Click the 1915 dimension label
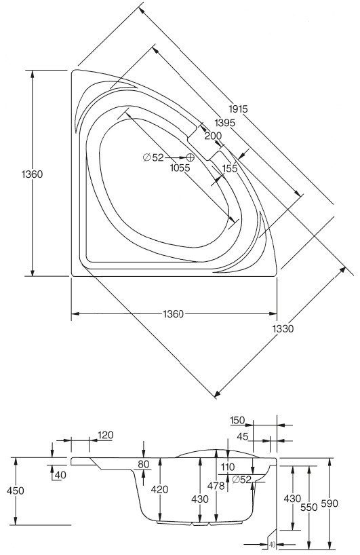click(x=238, y=109)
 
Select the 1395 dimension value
click(x=225, y=123)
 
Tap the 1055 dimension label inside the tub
click(x=180, y=168)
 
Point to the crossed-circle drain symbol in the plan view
click(x=191, y=157)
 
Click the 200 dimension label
click(x=214, y=136)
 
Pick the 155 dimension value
click(x=230, y=168)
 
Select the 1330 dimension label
click(x=283, y=329)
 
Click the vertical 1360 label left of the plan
click(x=32, y=174)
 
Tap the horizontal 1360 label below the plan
click(x=174, y=314)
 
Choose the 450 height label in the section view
click(x=16, y=491)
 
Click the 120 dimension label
click(x=105, y=435)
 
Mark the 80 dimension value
click(x=144, y=464)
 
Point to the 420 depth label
click(x=159, y=489)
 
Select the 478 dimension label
click(x=216, y=486)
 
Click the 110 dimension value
click(x=227, y=467)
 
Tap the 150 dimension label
click(x=237, y=421)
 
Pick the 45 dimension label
click(x=243, y=437)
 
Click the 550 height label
click(x=308, y=508)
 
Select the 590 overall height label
click(x=329, y=503)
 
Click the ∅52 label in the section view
click(x=241, y=480)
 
